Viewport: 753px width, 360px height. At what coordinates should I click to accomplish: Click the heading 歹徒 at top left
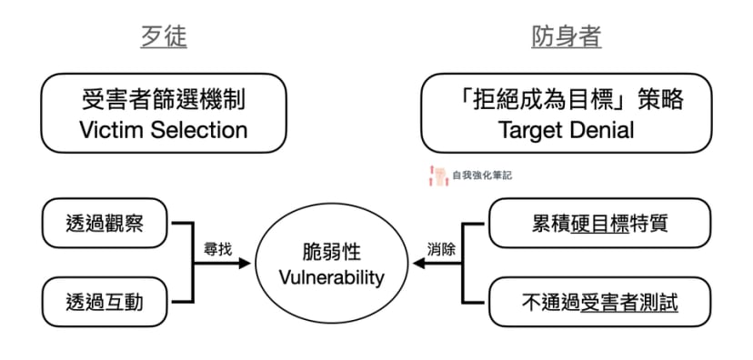(x=164, y=36)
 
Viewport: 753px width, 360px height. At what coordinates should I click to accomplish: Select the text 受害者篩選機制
(x=164, y=99)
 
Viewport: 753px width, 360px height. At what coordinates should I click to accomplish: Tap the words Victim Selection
(x=164, y=129)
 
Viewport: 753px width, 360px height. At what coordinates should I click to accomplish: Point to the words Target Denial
(x=566, y=129)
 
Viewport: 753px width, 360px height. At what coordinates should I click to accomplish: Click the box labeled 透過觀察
(x=105, y=223)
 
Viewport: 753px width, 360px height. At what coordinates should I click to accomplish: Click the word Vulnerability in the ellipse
(x=331, y=276)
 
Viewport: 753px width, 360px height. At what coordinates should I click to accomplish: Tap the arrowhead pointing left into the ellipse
(x=419, y=263)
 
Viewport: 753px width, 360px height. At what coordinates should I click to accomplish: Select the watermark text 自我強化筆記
(x=481, y=175)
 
